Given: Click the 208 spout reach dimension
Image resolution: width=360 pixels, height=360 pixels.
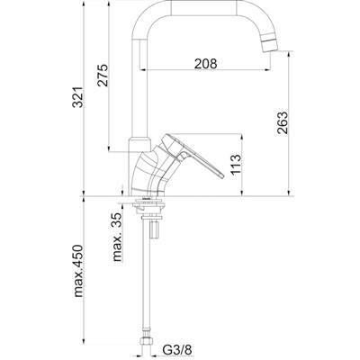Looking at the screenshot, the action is [x=205, y=64].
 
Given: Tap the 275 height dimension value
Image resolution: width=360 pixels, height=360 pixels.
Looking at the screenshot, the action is [x=103, y=75].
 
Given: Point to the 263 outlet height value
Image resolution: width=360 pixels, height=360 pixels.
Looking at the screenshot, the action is [x=283, y=123].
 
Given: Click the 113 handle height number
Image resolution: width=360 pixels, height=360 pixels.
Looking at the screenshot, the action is [x=236, y=165].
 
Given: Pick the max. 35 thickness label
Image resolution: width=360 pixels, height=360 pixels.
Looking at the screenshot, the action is [x=118, y=237].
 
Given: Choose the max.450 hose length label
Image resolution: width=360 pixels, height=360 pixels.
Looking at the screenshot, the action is [x=78, y=271].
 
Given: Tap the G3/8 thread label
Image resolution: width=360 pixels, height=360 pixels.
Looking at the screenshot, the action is [x=177, y=349].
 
